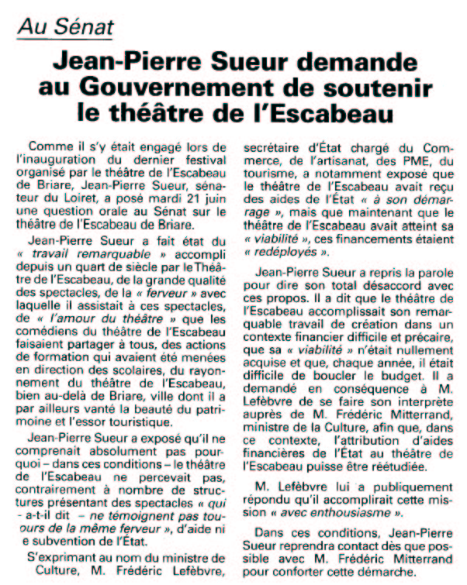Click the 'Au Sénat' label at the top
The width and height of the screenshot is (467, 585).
pos(67,29)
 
